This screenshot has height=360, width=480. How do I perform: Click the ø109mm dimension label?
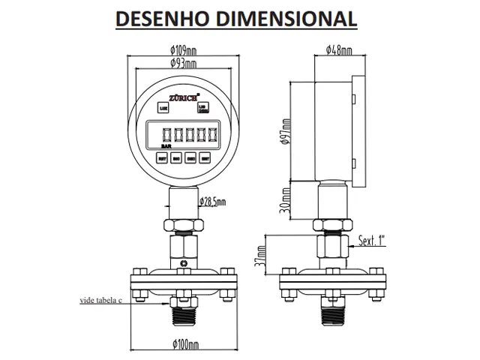(183, 51)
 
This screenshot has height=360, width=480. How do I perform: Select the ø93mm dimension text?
(183, 64)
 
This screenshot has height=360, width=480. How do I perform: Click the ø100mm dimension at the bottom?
(184, 345)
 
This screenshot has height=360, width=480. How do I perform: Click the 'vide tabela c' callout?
(100, 300)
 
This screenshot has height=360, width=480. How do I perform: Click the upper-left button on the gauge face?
(164, 108)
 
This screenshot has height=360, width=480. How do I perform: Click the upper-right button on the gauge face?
(203, 109)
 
